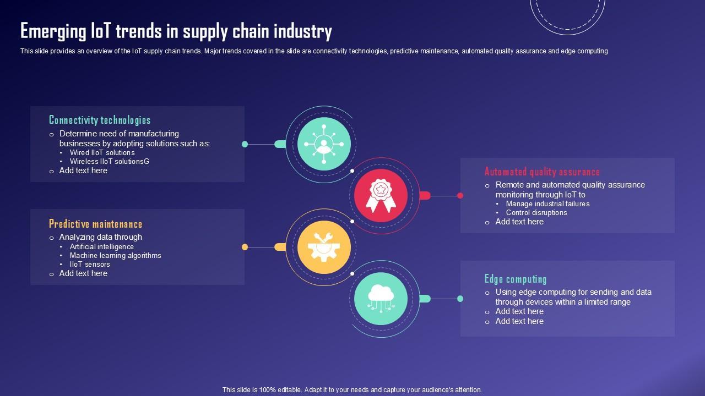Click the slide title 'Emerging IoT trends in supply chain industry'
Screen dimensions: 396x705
tap(176, 31)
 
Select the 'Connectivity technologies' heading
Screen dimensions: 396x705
tap(100, 120)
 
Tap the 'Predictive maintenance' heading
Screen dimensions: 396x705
tap(95, 224)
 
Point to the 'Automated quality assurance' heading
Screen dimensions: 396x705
tap(542, 172)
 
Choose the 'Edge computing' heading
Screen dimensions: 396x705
tap(516, 279)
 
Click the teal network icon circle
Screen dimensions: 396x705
tap(324, 144)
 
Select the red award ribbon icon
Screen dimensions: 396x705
tap(381, 195)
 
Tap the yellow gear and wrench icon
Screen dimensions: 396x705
tap(324, 247)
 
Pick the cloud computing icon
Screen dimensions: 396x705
tap(381, 299)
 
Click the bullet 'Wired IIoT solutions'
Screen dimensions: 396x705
tap(102, 153)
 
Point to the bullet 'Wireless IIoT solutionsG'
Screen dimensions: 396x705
tap(109, 162)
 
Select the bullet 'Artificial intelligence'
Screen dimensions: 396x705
tap(101, 247)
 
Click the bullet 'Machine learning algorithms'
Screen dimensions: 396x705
tap(115, 256)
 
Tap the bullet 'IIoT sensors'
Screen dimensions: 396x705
tap(90, 265)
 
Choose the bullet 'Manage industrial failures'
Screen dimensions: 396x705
tap(547, 204)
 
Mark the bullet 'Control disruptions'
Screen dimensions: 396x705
tap(536, 213)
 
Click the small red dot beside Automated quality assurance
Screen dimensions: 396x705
tap(460, 195)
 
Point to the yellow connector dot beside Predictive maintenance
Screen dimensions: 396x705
tap(245, 247)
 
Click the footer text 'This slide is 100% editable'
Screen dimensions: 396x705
tap(352, 389)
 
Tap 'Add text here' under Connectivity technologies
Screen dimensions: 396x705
tap(83, 170)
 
